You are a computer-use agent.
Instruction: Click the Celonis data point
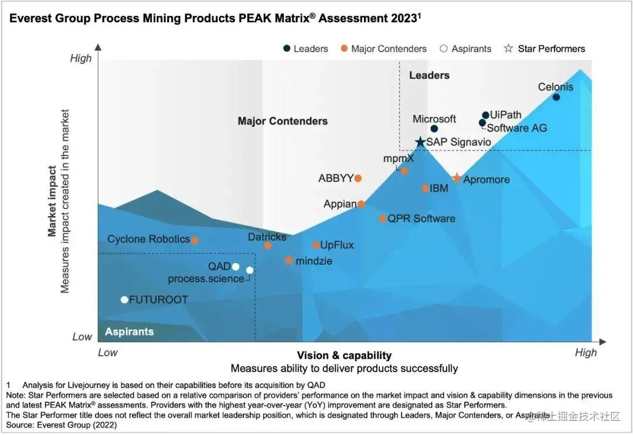[x=556, y=97]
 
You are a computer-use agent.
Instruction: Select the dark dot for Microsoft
[x=434, y=129]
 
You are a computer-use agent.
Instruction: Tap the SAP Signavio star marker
[x=420, y=142]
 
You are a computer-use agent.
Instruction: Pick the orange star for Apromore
[x=457, y=178]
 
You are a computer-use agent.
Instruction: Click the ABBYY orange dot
[x=358, y=178]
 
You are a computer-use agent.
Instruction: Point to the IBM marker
[x=426, y=188]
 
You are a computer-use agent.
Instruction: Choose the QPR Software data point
[x=383, y=219]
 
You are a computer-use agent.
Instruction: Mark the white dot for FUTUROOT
[x=124, y=300]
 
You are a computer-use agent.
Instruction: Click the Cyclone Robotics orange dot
[x=195, y=240]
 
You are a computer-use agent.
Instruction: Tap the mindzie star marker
[x=288, y=260]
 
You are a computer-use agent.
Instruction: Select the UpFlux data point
[x=315, y=245]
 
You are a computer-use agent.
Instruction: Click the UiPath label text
[x=505, y=115]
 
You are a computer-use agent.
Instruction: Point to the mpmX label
[x=399, y=159]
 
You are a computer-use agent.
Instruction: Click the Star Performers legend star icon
[x=508, y=49]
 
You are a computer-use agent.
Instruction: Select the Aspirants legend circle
[x=444, y=49]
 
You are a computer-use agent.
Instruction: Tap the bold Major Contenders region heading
[x=283, y=122]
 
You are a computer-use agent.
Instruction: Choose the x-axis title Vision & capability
[x=344, y=355]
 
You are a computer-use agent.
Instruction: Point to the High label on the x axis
[x=586, y=353]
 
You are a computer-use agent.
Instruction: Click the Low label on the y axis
[x=82, y=337]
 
